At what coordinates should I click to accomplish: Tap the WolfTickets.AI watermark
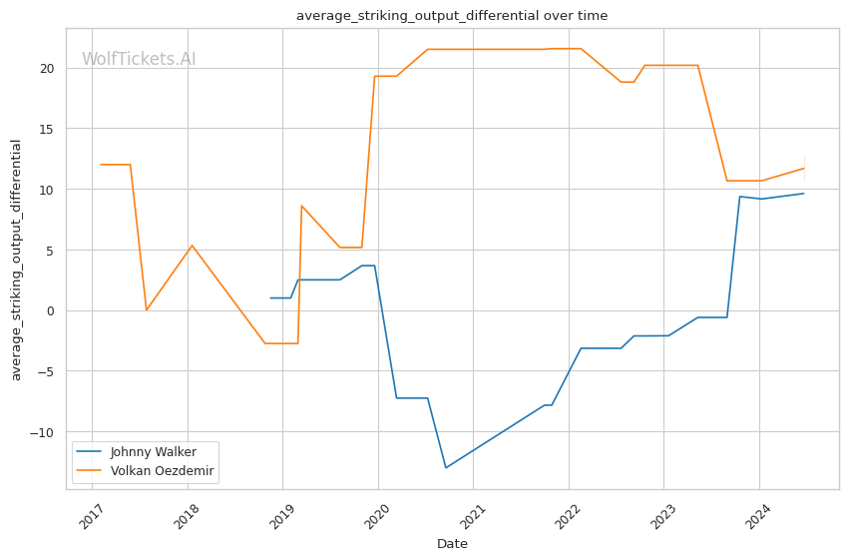pyautogui.click(x=139, y=60)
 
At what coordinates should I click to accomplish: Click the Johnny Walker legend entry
pyautogui.click(x=153, y=452)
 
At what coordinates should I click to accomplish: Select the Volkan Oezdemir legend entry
pyautogui.click(x=162, y=470)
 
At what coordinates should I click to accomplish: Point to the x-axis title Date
pyautogui.click(x=452, y=544)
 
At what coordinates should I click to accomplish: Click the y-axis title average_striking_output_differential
pyautogui.click(x=16, y=260)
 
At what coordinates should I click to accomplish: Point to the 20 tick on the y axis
pyautogui.click(x=47, y=69)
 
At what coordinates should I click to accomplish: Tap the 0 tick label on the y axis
pyautogui.click(x=51, y=310)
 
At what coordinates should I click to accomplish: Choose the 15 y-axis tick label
pyautogui.click(x=47, y=130)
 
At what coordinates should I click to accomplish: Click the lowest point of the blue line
pyautogui.click(x=446, y=467)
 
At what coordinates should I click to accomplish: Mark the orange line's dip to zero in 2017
pyautogui.click(x=147, y=309)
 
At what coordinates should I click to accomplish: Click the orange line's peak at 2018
pyautogui.click(x=192, y=246)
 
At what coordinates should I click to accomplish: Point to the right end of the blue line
pyautogui.click(x=803, y=194)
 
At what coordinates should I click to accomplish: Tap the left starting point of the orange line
pyautogui.click(x=101, y=165)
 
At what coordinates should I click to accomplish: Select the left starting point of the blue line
pyautogui.click(x=270, y=297)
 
